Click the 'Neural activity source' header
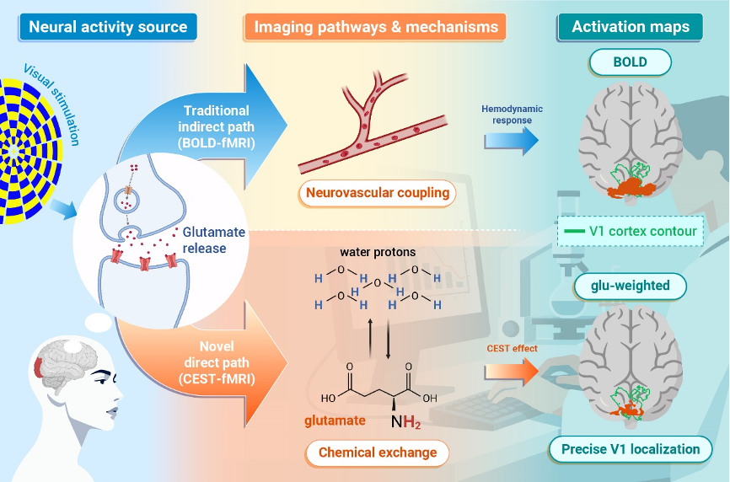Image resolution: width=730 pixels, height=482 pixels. (108, 27)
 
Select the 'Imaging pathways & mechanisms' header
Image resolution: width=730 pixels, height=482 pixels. (375, 27)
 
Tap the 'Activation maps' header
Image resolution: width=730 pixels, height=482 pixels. (631, 27)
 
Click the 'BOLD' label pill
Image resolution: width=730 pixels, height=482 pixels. (631, 62)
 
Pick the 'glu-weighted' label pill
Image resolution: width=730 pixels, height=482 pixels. (631, 286)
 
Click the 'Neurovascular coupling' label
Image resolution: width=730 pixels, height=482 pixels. (378, 193)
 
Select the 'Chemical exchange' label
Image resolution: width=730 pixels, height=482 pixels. (378, 453)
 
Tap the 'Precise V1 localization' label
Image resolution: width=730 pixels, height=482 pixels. (631, 449)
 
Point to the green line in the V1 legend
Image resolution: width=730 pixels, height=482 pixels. (574, 231)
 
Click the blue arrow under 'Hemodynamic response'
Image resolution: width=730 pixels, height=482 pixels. (511, 141)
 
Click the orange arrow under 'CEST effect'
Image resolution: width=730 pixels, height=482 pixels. (511, 372)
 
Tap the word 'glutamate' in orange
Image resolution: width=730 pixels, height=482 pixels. (335, 421)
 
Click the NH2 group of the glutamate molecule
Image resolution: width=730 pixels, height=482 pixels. (405, 422)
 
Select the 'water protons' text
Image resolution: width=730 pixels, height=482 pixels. (378, 252)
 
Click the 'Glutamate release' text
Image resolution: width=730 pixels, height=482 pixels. (214, 240)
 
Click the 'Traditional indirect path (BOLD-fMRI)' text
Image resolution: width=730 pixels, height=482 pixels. (217, 126)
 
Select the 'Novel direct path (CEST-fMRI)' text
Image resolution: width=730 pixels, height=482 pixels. (217, 362)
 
